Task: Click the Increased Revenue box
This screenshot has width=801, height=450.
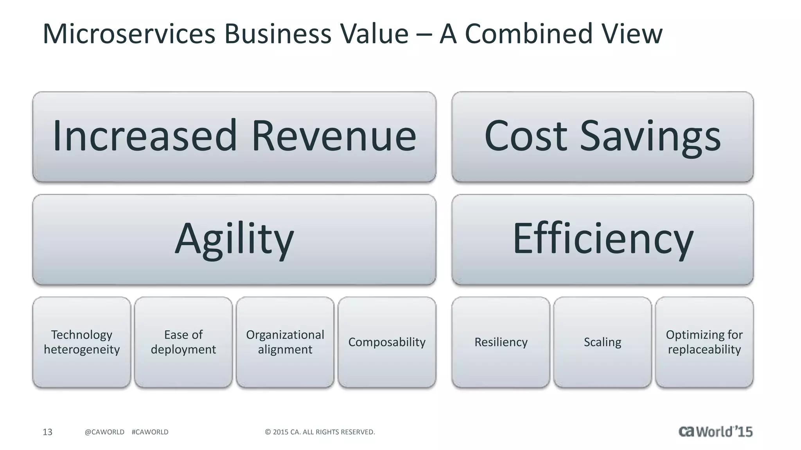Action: coord(234,137)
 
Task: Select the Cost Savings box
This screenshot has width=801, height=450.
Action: coord(602,137)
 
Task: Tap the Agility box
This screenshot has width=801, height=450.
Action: coord(234,239)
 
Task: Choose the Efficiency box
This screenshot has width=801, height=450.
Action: coord(602,239)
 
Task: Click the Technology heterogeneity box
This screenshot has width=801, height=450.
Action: coord(82,342)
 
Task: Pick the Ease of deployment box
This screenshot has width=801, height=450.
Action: coord(183,342)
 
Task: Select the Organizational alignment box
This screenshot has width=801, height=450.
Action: coord(285,342)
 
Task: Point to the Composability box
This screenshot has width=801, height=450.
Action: coord(387,342)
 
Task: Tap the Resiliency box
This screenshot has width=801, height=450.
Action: coord(501,342)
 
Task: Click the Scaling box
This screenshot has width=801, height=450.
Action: coord(603,342)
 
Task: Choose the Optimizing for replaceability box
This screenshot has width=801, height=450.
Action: coord(704,342)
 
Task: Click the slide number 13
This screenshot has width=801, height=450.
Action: coord(47,432)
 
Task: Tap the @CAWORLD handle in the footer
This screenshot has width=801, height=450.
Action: coord(104,432)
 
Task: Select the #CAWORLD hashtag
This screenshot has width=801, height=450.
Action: coord(150,432)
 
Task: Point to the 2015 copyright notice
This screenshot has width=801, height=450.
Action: coord(320,432)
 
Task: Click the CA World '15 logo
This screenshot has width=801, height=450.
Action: coord(715,432)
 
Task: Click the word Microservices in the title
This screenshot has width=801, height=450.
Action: coord(129,34)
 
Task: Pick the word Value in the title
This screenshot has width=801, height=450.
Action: coord(374,34)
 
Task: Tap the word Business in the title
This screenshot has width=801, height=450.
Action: coord(278,34)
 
